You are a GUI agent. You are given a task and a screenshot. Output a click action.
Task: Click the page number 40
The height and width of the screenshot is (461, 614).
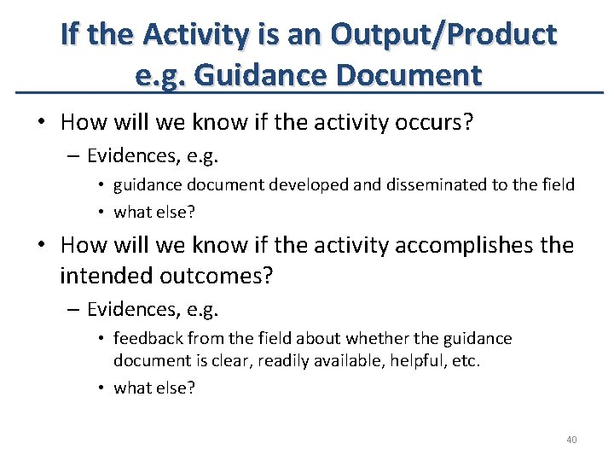click(x=571, y=440)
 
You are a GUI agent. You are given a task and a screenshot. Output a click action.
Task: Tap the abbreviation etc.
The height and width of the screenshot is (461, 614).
click(x=466, y=360)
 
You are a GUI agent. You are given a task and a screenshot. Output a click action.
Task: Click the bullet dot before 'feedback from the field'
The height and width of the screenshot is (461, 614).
click(x=101, y=339)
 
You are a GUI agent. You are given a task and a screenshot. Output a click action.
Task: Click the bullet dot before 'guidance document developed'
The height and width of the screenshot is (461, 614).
click(x=101, y=185)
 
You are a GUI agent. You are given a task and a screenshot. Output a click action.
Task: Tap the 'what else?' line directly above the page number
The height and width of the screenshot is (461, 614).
click(x=154, y=388)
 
